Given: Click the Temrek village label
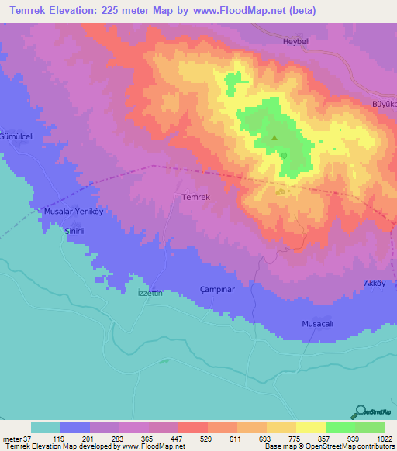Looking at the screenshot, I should (195, 197).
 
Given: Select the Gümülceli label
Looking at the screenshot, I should (17, 136).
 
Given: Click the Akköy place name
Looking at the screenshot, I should (375, 284).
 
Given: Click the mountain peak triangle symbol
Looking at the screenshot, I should (274, 139).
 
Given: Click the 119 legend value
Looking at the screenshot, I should (60, 439).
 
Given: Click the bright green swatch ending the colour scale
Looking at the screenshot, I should (370, 427).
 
